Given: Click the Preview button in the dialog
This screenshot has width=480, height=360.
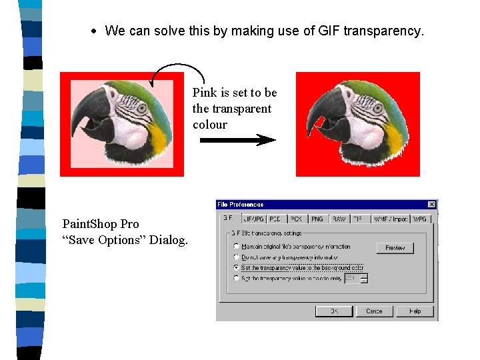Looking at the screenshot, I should pyautogui.click(x=395, y=247).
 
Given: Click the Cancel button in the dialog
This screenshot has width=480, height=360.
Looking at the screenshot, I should pyautogui.click(x=374, y=311).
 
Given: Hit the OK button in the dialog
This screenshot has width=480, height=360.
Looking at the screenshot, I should pyautogui.click(x=333, y=311).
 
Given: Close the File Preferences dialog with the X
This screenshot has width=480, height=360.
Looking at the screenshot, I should pyautogui.click(x=431, y=205).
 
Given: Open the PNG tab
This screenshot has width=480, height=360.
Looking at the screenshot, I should pyautogui.click(x=317, y=219).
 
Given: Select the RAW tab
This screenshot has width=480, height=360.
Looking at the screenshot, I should pyautogui.click(x=339, y=219).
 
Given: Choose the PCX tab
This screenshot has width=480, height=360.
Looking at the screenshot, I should pyautogui.click(x=296, y=219).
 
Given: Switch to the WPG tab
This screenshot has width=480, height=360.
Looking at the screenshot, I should pyautogui.click(x=420, y=219).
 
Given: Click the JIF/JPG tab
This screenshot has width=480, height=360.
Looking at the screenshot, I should pyautogui.click(x=254, y=219).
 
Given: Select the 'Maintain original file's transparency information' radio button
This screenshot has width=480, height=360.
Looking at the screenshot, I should pyautogui.click(x=236, y=247).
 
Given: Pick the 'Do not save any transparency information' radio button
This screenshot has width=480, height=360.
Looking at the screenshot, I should pyautogui.click(x=236, y=257).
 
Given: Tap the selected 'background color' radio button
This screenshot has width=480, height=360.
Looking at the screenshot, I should pyautogui.click(x=236, y=267).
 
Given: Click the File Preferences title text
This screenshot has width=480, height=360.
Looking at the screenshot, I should pyautogui.click(x=241, y=205).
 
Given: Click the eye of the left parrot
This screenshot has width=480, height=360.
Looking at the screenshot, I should pyautogui.click(x=141, y=107).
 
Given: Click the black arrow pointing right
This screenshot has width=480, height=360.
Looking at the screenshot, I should pyautogui.click(x=237, y=140).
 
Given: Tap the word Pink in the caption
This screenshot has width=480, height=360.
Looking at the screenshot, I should pyautogui.click(x=204, y=93).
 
